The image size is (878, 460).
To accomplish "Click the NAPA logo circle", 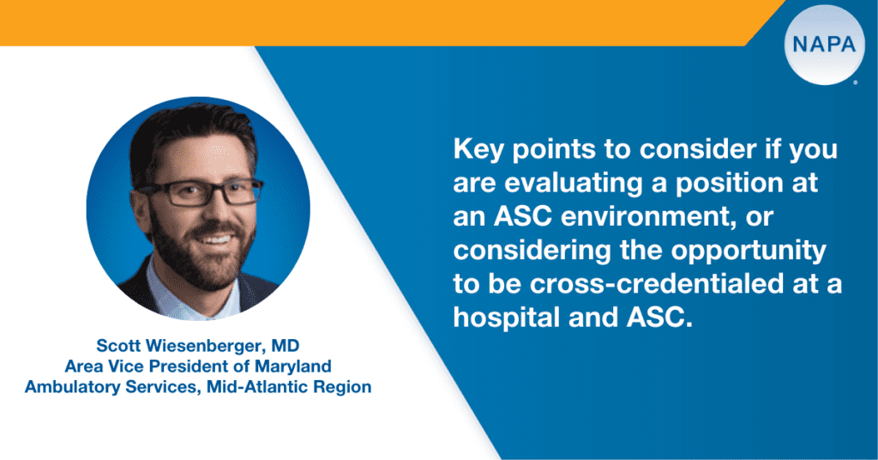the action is (824, 45).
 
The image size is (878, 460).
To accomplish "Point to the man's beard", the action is (199, 253).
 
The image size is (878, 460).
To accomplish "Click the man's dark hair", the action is (190, 135).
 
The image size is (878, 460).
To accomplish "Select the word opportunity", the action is (749, 251).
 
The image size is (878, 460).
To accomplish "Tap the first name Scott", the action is (118, 345).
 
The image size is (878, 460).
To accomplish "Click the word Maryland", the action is (293, 367).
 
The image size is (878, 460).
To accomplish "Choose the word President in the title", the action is (194, 366).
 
